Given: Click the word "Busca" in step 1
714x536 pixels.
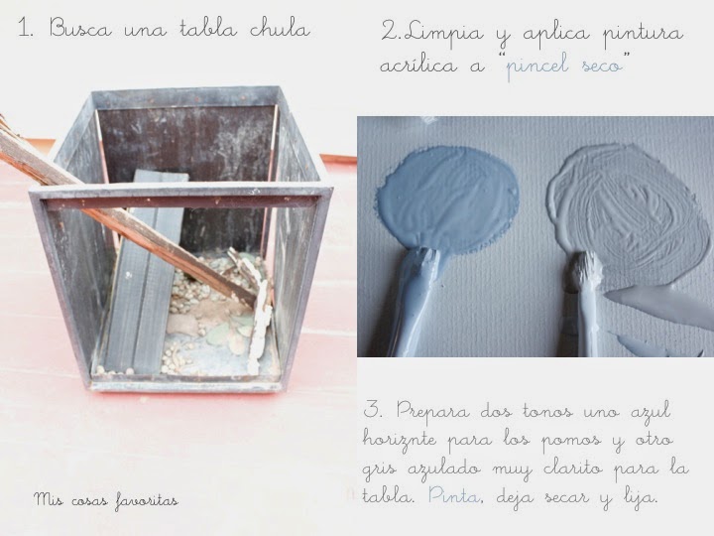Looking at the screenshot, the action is pyautogui.click(x=79, y=29).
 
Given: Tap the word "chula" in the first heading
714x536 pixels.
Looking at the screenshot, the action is pyautogui.click(x=280, y=29).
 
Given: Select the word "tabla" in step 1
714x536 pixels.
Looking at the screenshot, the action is pyautogui.click(x=208, y=29).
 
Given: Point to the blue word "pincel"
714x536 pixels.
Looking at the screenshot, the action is pyautogui.click(x=537, y=67).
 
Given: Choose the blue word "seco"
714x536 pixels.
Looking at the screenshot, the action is pyautogui.click(x=602, y=67).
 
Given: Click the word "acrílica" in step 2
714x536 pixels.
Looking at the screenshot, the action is pyautogui.click(x=418, y=66).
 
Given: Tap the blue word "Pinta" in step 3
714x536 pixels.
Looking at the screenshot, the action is pyautogui.click(x=454, y=495).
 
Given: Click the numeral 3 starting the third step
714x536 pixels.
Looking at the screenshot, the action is pyautogui.click(x=372, y=410).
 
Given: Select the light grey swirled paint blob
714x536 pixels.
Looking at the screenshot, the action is pyautogui.click(x=629, y=208).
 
